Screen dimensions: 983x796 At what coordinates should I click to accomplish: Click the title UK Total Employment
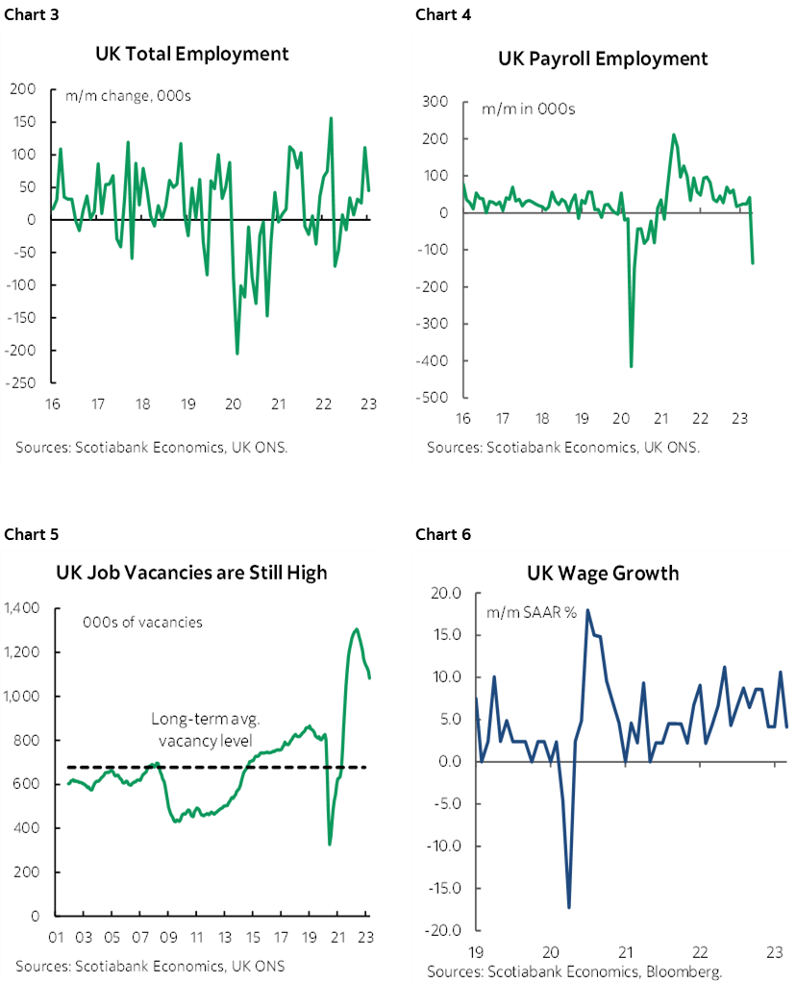point(192,54)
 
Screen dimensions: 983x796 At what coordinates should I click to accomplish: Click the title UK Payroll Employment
point(603,59)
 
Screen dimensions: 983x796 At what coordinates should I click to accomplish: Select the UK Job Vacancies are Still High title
point(191,573)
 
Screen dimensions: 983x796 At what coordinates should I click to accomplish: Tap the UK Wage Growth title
point(603,574)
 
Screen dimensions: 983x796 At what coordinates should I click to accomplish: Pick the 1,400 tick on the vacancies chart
point(20,608)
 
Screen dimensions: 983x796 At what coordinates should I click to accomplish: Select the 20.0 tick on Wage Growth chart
point(444,593)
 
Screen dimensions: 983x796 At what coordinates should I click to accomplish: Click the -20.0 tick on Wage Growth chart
point(441,930)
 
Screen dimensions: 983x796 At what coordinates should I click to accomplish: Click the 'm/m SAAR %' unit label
point(531,612)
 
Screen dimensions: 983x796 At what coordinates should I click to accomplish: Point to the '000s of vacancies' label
point(142,622)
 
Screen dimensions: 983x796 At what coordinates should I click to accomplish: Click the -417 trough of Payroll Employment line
point(631,366)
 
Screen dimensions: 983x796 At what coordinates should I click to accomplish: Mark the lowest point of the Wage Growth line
point(569,907)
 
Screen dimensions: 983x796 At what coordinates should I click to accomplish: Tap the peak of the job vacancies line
point(357,629)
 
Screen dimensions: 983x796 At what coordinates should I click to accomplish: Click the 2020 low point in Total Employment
point(237,354)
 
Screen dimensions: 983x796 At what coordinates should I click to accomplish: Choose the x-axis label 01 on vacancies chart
point(56,937)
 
